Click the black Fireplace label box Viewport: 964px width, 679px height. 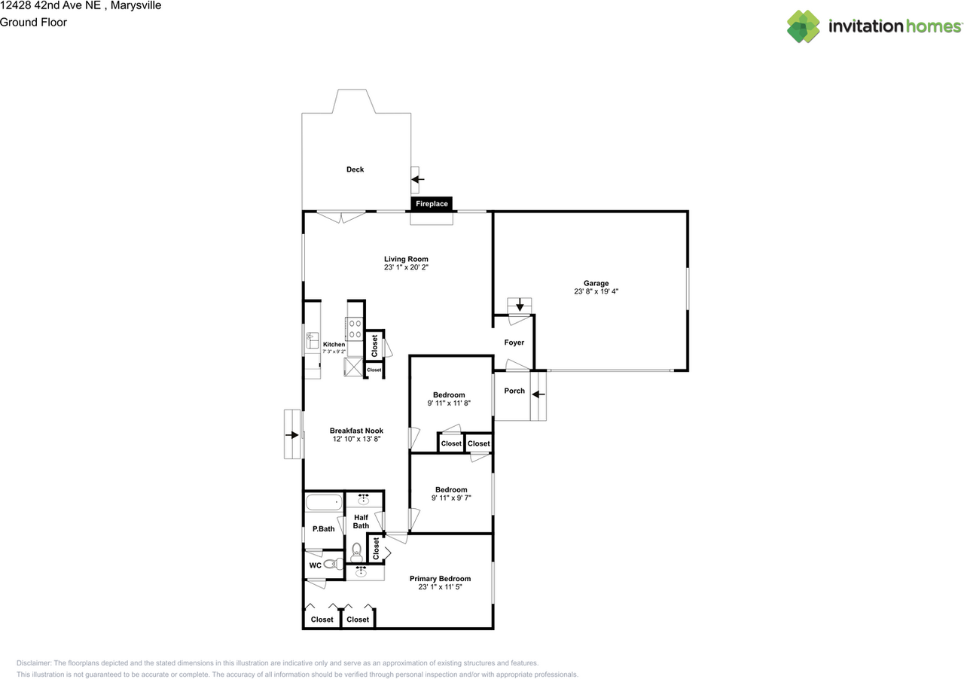click(432, 203)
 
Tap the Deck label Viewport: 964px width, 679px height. click(355, 169)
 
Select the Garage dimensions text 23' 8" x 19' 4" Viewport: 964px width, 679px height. click(596, 291)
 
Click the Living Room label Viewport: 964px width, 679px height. click(406, 259)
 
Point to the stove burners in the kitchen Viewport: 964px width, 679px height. click(355, 329)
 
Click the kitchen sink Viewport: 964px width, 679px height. click(312, 340)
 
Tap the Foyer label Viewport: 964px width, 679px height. click(514, 343)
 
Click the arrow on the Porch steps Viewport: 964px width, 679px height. click(538, 394)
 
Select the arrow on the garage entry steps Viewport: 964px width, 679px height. click(520, 305)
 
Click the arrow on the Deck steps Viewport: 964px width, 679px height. click(417, 179)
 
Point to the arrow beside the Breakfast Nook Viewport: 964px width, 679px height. click(291, 434)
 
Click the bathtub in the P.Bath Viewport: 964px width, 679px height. click(324, 502)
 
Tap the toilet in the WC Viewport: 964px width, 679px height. click(333, 564)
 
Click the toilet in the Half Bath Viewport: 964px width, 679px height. click(356, 552)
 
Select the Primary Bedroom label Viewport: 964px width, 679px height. click(440, 579)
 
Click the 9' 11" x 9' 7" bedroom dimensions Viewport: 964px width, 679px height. click(451, 498)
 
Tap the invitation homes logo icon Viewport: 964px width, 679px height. click(803, 26)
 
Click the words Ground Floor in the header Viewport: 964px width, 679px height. click(33, 23)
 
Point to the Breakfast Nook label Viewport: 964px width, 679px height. click(356, 431)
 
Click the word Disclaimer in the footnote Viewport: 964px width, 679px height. click(33, 663)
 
